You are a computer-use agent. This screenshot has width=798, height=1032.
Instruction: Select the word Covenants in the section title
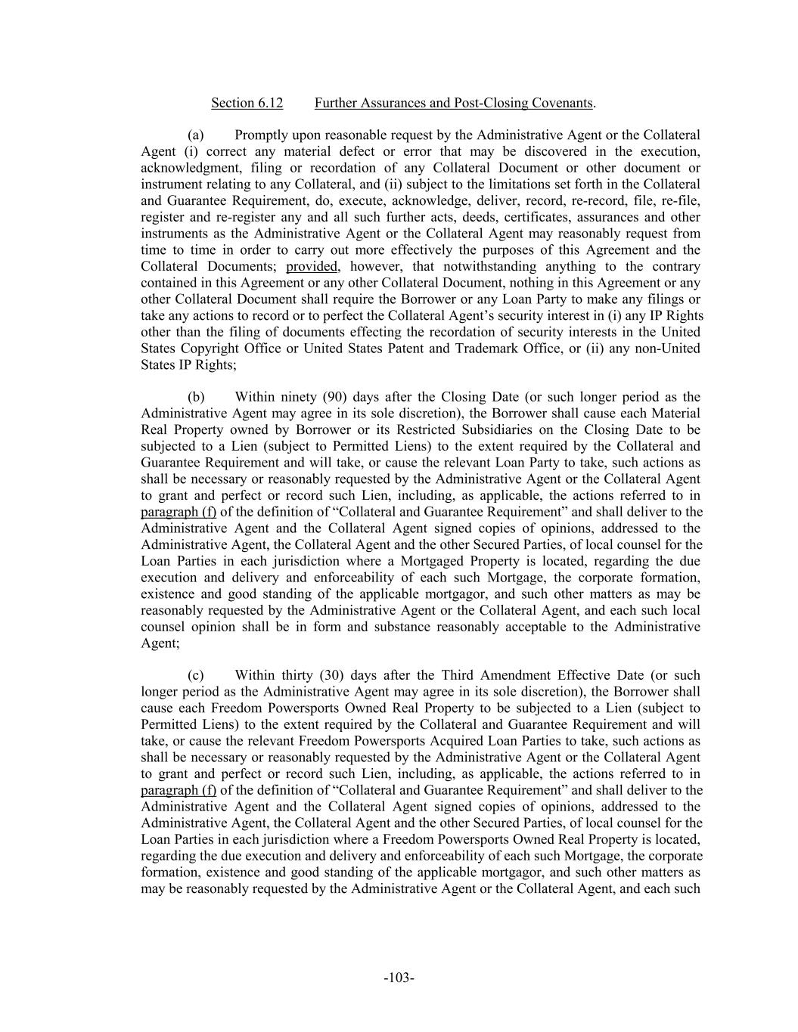[x=564, y=103]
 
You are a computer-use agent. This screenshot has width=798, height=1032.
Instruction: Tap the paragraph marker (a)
[x=196, y=135]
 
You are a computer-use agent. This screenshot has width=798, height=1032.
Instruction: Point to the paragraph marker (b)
[x=196, y=397]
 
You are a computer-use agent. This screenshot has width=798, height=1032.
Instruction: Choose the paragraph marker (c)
[x=196, y=675]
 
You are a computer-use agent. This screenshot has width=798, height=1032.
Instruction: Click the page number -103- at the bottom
[x=399, y=978]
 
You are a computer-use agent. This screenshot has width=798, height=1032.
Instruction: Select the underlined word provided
[x=312, y=266]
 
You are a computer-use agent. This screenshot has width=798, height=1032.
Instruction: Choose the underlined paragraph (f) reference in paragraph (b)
[x=179, y=512]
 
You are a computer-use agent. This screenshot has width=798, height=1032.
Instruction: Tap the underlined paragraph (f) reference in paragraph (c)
[x=179, y=790]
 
